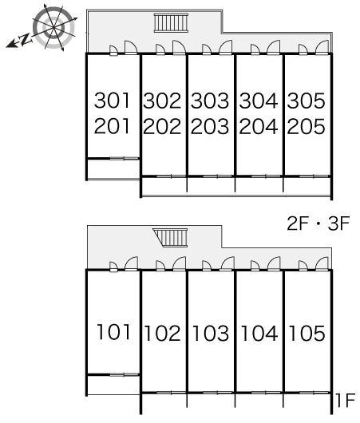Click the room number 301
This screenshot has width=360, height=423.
pos(112,101)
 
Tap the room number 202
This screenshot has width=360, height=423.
pos(162,126)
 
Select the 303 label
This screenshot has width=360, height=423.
pos(210,101)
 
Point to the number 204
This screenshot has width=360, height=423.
pos(259,126)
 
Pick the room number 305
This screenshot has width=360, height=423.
pos(307,101)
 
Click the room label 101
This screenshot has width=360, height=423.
pos(113,332)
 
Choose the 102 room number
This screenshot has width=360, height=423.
pos(163,333)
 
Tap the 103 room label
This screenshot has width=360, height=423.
pos(211,333)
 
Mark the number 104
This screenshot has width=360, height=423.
pos(259,333)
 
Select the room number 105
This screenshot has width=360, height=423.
pos(307,333)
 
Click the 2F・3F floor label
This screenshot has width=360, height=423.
pos(318,223)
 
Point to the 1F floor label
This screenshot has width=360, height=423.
pos(345,400)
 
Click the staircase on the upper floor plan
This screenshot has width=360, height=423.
pos(171,22)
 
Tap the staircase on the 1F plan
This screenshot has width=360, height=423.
pos(170,237)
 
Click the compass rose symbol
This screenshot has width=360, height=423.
pos(53,27)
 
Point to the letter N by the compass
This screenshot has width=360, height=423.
pos(26,39)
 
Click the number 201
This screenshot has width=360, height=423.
pos(112,126)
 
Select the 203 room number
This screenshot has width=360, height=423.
pos(210,126)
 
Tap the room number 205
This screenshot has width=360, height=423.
pos(307,126)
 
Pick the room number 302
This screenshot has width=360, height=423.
pos(162,101)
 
